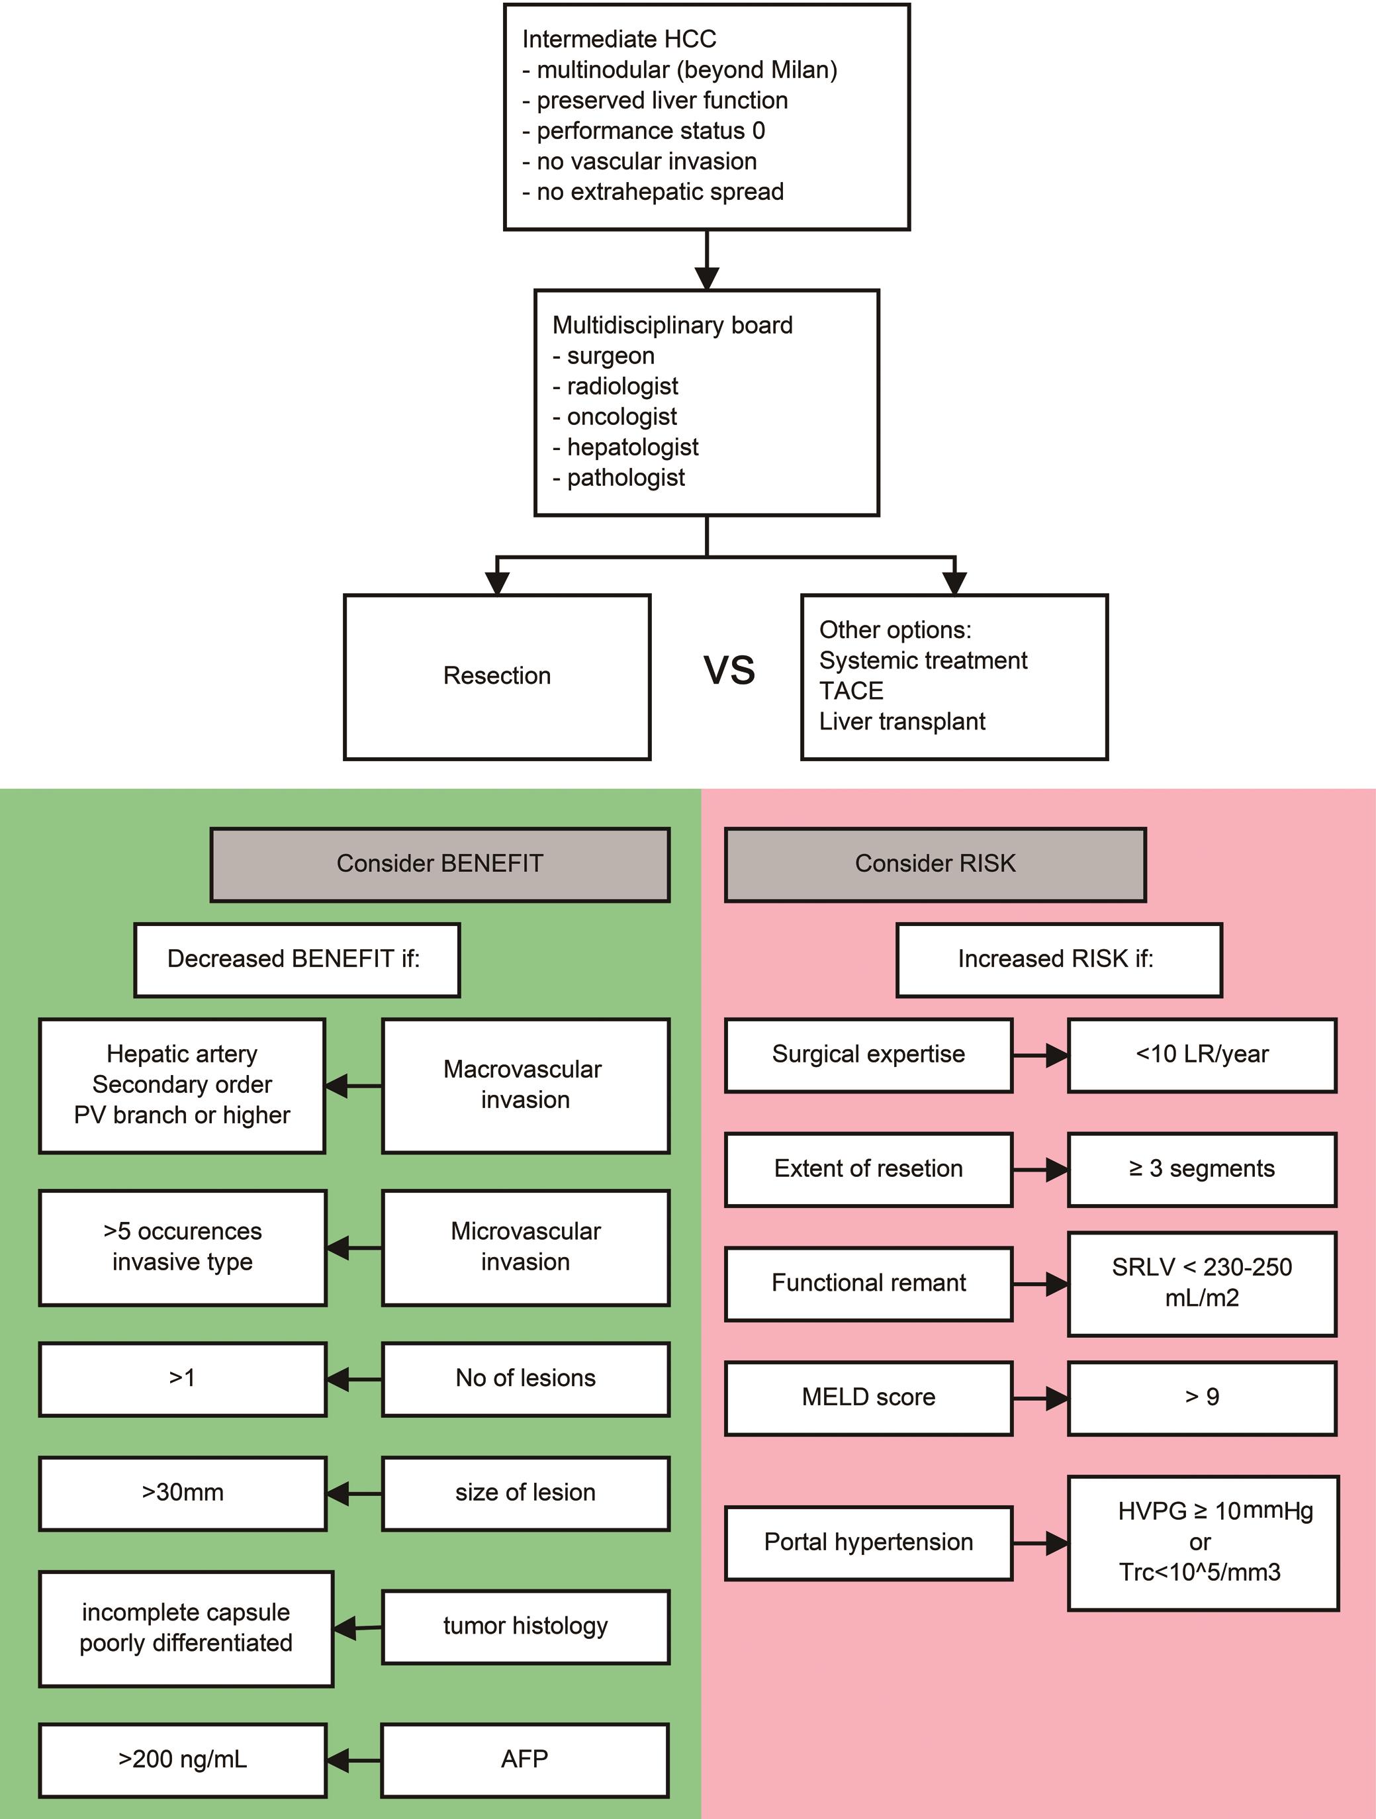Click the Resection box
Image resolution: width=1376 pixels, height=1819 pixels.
pos(497,676)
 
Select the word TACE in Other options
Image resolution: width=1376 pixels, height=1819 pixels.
pos(850,691)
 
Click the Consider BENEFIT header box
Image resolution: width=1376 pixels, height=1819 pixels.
pos(440,864)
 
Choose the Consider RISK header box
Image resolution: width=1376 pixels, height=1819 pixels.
pos(935,864)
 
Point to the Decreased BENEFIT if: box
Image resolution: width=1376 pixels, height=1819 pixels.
pos(297,960)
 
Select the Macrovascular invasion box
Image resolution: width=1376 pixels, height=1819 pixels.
pos(525,1086)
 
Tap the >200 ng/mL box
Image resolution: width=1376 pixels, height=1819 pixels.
pos(183,1760)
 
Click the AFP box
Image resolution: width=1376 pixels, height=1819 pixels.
pos(525,1760)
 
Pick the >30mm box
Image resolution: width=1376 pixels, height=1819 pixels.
pos(183,1493)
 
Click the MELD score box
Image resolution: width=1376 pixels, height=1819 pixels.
pos(868,1397)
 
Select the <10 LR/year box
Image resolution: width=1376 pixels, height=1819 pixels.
pos(1202,1055)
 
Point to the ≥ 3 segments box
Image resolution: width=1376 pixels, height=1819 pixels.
pos(1202,1170)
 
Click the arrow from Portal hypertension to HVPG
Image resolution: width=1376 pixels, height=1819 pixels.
pos(1040,1543)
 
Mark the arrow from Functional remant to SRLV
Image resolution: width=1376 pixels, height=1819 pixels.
pos(1040,1283)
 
